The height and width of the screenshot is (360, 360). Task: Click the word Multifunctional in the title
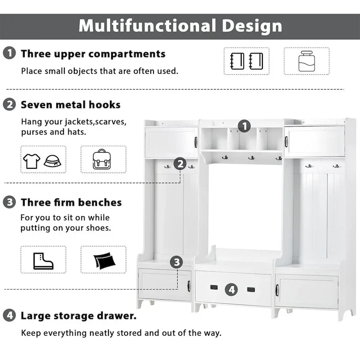(x=147, y=26)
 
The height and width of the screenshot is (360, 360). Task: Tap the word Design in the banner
(x=252, y=27)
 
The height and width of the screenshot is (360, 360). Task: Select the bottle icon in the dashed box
(x=306, y=61)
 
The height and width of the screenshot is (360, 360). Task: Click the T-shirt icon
(x=31, y=161)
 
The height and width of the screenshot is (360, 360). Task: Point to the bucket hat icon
(x=52, y=161)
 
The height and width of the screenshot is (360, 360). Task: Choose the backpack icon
(x=102, y=159)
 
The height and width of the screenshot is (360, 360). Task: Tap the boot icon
(x=43, y=261)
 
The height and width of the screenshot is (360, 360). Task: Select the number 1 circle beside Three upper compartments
(x=9, y=53)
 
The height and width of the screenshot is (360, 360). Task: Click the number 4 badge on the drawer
(x=231, y=289)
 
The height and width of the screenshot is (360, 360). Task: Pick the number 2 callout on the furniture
(x=180, y=164)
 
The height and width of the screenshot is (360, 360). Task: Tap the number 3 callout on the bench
(x=176, y=262)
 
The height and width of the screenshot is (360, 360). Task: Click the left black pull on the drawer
(x=214, y=287)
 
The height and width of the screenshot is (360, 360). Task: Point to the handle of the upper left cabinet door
(x=196, y=142)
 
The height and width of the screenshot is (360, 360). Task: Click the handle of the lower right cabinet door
(x=277, y=290)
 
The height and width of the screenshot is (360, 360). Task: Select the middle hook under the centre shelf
(x=252, y=158)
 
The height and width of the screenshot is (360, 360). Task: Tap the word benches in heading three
(x=100, y=202)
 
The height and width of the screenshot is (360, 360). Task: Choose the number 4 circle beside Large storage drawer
(x=9, y=315)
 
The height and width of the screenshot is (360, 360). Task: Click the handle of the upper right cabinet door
(x=286, y=141)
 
